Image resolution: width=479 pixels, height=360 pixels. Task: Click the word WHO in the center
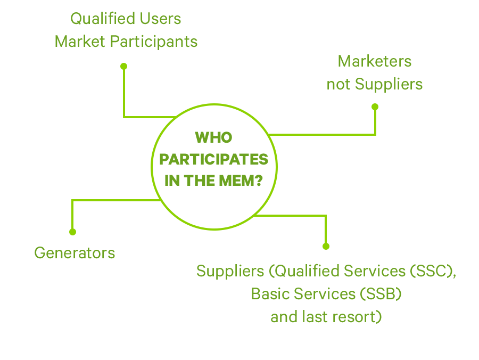point(214,138)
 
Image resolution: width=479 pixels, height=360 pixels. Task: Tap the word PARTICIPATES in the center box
point(214,160)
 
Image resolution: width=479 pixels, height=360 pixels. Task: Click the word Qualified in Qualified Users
point(95,19)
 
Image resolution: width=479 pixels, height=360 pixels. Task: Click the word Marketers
point(375,61)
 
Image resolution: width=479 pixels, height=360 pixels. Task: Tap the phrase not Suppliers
point(375,84)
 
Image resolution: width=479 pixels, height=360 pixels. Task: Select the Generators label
point(75,252)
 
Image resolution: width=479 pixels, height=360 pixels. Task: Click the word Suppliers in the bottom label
point(230,271)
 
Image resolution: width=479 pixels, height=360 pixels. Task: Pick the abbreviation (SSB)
point(380,294)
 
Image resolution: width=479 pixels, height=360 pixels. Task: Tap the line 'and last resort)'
point(326,317)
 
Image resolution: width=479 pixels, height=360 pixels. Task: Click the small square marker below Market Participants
point(123,66)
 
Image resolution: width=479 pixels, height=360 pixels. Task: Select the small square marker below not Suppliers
point(375,107)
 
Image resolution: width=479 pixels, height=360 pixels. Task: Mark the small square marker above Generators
point(72,232)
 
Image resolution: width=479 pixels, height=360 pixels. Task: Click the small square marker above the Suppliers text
point(326,246)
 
